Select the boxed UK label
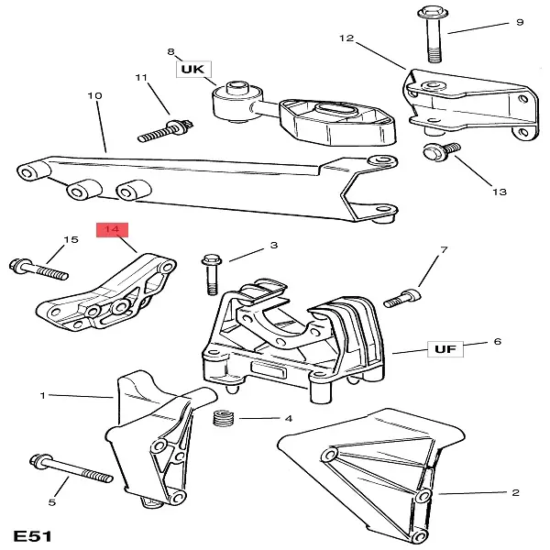pos(195,69)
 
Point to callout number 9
pos(519,22)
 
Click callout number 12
pos(346,38)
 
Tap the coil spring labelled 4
pos(223,420)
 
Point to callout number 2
pos(515,492)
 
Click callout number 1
pos(42,396)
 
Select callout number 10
pos(93,95)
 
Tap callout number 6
pos(497,342)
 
